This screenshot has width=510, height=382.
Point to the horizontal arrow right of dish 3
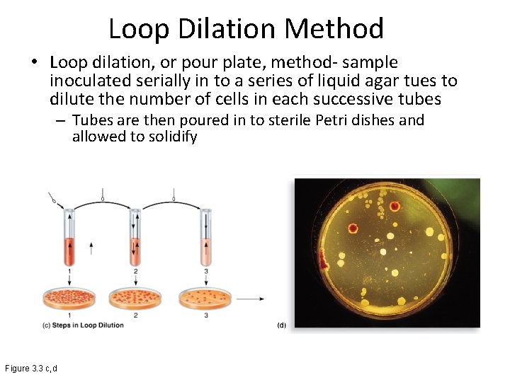tap(251, 299)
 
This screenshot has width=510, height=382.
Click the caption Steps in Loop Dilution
tap(84, 325)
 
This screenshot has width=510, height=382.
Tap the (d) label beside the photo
tap(281, 325)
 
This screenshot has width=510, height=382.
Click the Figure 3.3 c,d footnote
tap(31, 369)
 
